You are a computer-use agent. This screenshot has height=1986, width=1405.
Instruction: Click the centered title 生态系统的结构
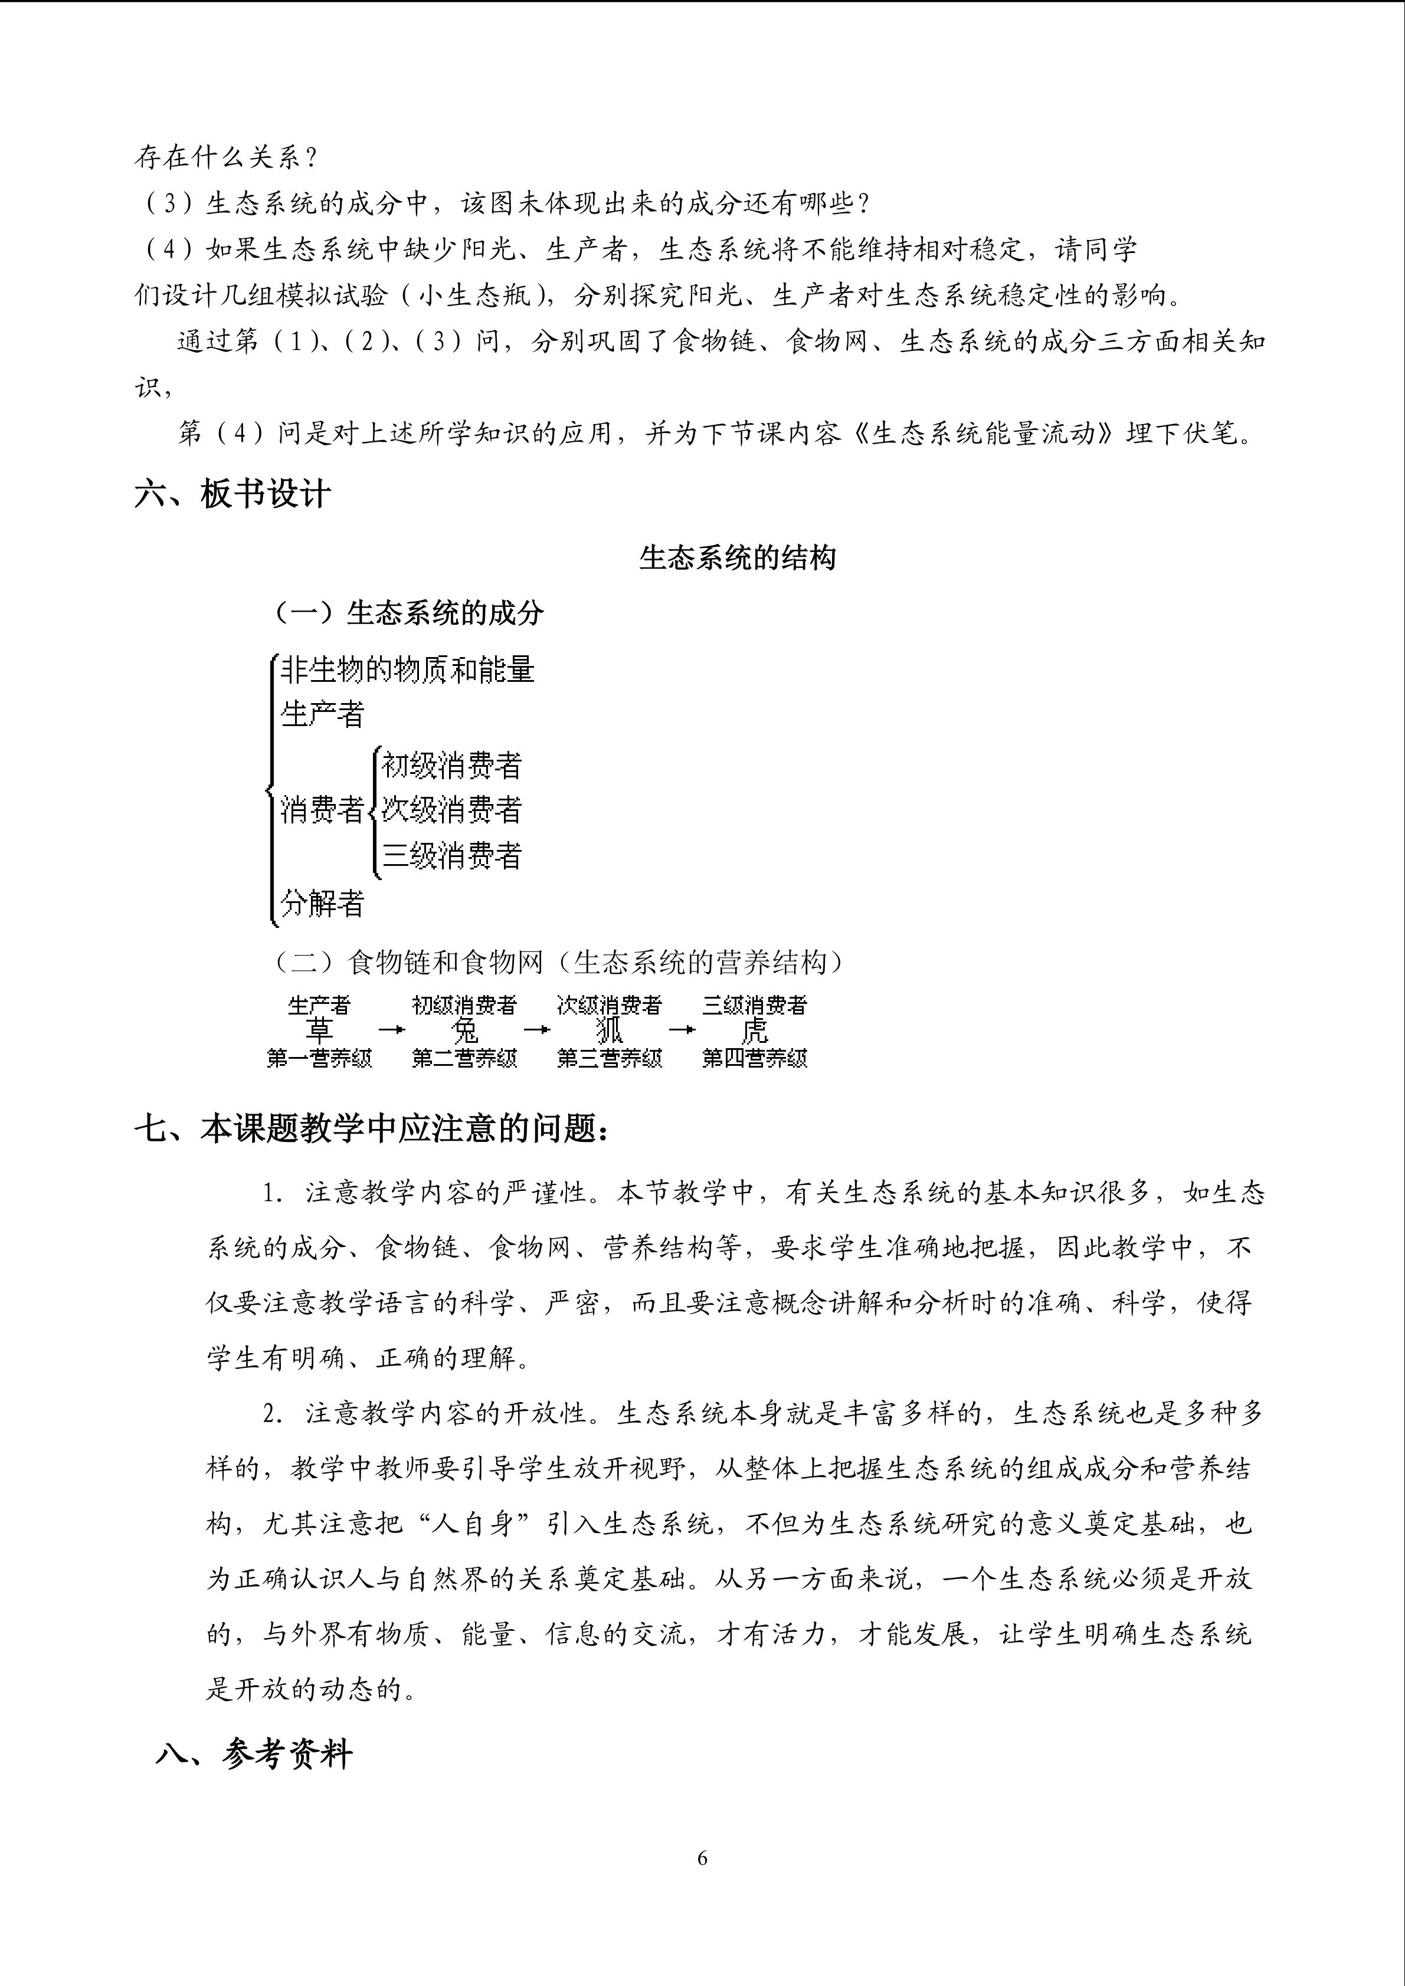click(x=737, y=558)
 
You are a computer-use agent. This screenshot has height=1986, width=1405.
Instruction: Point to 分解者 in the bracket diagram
click(x=322, y=904)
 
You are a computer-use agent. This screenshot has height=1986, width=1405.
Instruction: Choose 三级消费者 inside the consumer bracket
click(x=451, y=856)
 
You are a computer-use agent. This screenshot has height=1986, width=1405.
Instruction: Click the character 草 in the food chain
click(x=319, y=1030)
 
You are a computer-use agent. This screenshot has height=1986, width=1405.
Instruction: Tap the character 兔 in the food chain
click(x=464, y=1030)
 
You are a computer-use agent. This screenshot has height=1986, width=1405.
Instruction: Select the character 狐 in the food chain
click(x=609, y=1030)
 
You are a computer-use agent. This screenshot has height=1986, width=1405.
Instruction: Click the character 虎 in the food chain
click(x=754, y=1030)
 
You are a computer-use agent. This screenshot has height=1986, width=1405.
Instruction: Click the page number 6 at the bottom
click(x=702, y=1858)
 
